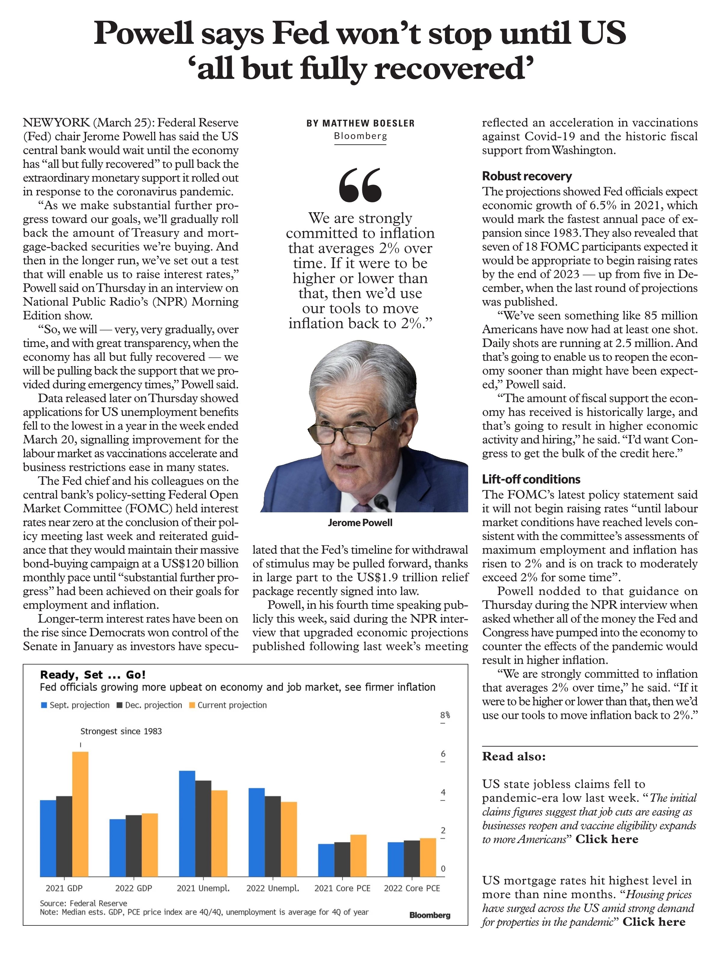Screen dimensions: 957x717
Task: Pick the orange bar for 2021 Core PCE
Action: click(x=358, y=855)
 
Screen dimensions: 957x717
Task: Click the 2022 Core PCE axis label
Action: click(x=412, y=888)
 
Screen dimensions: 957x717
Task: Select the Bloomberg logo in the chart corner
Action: click(x=429, y=915)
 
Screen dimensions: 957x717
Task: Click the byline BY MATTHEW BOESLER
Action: click(x=360, y=123)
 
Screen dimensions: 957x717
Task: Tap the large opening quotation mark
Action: click(x=360, y=185)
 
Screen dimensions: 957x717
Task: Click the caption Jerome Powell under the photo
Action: click(x=360, y=523)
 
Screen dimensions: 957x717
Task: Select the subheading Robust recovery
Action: click(x=527, y=176)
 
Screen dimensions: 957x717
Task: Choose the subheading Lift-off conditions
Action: click(x=531, y=479)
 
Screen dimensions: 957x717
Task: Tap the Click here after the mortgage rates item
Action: click(x=654, y=922)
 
